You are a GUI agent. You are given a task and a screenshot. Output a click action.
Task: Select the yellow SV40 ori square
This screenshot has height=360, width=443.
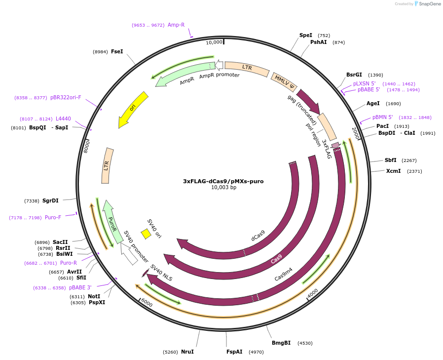[146, 234]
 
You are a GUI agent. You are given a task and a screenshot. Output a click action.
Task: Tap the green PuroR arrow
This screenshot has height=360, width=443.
[113, 222]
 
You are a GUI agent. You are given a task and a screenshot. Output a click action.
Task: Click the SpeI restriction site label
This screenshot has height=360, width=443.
[306, 35]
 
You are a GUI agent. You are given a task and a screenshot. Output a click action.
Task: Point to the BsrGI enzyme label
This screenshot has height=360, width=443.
[354, 75]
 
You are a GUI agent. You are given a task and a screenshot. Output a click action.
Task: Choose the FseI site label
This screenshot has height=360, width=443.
[117, 51]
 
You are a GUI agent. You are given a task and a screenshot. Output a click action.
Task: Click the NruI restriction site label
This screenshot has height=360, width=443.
[187, 352]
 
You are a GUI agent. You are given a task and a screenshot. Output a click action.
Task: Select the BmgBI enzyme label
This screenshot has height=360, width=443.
[281, 343]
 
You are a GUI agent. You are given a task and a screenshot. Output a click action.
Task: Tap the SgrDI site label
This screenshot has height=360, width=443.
[50, 200]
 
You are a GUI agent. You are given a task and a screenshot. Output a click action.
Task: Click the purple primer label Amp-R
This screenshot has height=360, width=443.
[176, 25]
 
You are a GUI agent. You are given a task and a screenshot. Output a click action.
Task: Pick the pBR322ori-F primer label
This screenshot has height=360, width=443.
[66, 97]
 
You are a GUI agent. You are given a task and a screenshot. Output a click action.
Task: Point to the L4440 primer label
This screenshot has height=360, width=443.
[63, 119]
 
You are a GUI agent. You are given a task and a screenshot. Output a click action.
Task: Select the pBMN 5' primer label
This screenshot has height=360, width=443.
[383, 117]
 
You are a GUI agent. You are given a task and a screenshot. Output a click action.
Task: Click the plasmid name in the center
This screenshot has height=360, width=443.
[223, 181]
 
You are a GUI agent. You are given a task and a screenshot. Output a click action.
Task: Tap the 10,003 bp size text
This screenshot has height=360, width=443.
[223, 188]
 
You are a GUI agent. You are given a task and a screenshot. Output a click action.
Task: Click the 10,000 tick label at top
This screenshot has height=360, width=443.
[214, 42]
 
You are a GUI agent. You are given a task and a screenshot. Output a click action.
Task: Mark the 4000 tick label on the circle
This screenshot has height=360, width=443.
[313, 293]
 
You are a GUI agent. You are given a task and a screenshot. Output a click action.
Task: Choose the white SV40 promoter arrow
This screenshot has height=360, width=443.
[130, 254]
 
